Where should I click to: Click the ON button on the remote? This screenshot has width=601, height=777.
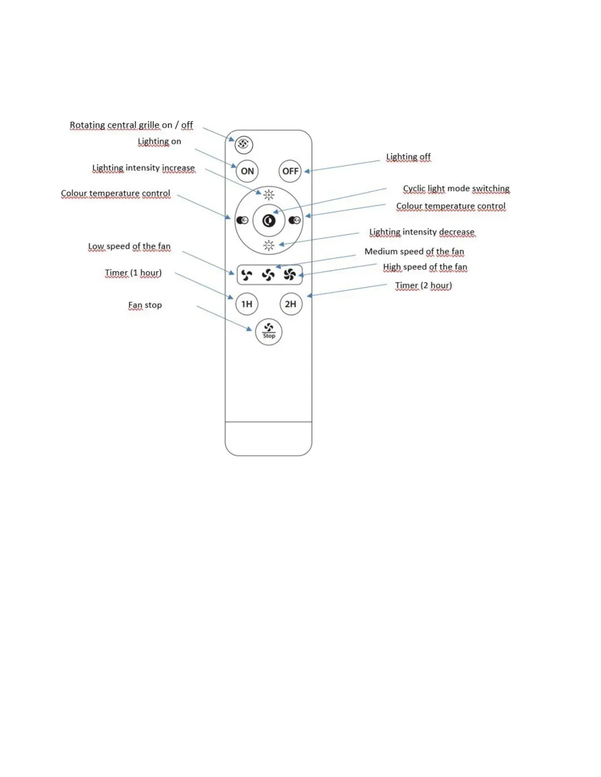click(247, 171)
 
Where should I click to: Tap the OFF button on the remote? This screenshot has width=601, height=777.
click(290, 171)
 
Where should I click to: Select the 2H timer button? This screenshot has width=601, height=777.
click(291, 304)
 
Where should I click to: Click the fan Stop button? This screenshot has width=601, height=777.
click(269, 332)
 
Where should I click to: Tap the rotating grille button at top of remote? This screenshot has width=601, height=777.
click(244, 144)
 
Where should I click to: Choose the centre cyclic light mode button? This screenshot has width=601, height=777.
click(269, 221)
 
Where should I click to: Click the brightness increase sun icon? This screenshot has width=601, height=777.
click(269, 195)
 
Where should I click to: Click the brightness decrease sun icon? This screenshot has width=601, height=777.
click(269, 245)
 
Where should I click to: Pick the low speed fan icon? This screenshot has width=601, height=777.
click(247, 275)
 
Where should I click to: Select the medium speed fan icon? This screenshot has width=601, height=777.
click(268, 275)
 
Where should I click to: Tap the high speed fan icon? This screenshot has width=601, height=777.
click(290, 275)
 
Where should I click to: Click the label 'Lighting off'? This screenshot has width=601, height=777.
click(408, 157)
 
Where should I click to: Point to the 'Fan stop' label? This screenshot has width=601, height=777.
click(145, 305)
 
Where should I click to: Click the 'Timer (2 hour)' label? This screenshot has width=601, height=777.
click(423, 285)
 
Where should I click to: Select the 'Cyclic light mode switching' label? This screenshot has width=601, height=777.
click(456, 189)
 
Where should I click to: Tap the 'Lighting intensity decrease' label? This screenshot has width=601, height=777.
click(422, 232)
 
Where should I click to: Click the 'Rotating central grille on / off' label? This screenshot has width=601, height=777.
click(131, 125)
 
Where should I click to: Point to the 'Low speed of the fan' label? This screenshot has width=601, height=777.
click(129, 246)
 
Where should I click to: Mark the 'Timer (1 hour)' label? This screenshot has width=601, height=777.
click(133, 273)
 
